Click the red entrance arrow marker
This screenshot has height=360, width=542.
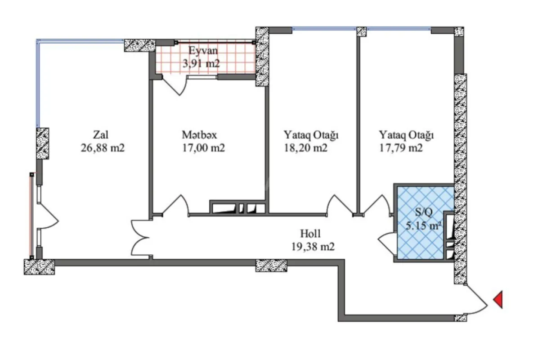(497, 300)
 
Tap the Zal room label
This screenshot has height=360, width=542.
(101, 135)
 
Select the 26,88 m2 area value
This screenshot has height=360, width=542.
(103, 148)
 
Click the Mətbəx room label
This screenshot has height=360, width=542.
(200, 135)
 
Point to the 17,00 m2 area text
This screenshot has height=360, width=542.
(203, 148)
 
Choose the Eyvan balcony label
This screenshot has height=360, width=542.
(202, 50)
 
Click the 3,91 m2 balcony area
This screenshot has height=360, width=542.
(201, 63)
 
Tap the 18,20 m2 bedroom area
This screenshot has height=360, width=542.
(305, 148)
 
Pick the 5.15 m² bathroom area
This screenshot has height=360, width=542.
(422, 226)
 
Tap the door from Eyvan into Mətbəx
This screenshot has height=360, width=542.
(173, 85)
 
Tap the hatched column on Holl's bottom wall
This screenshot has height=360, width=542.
(268, 265)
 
